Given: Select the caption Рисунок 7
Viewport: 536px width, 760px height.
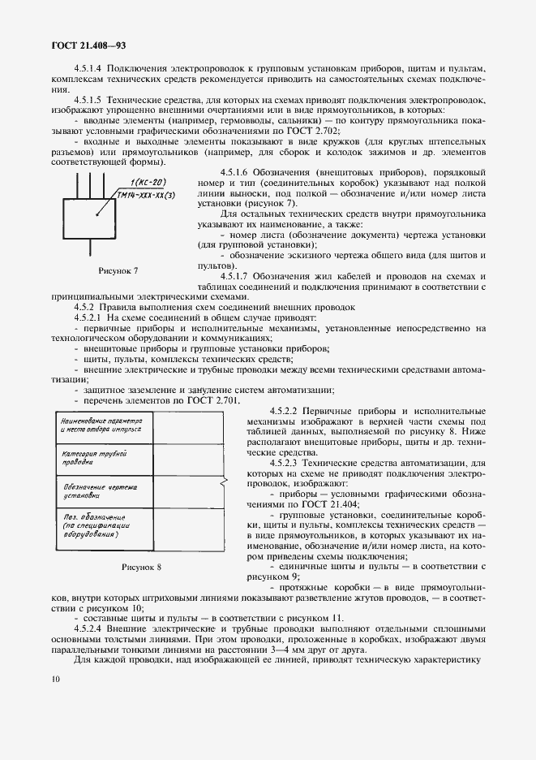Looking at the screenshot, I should pyautogui.click(x=118, y=270).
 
